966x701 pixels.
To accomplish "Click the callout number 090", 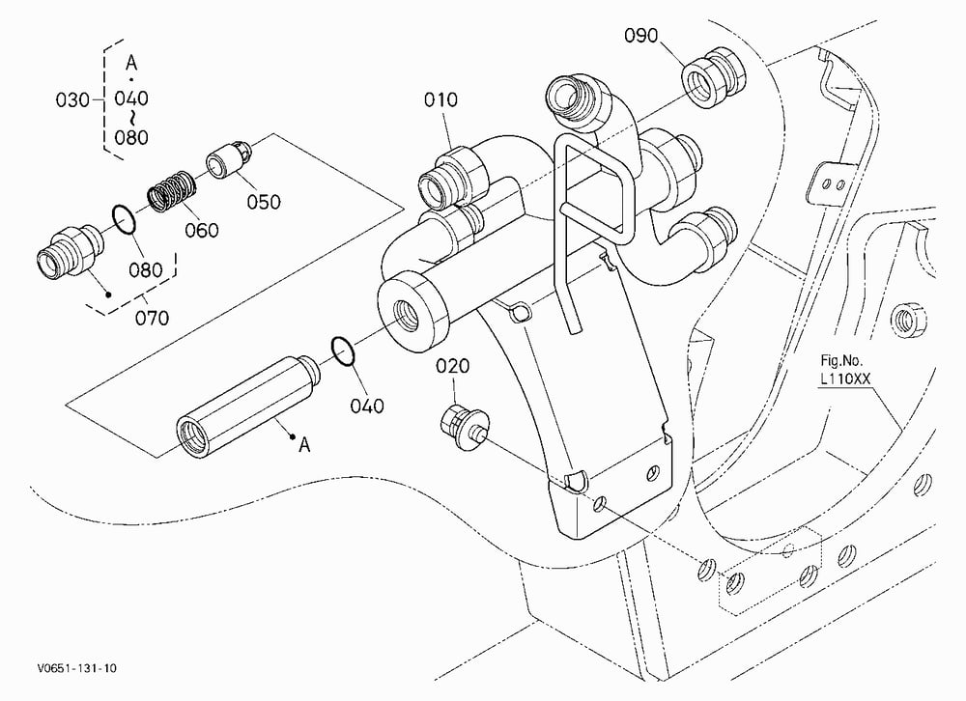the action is [640, 36].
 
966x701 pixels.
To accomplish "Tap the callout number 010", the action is [440, 99].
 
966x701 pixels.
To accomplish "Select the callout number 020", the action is [453, 366].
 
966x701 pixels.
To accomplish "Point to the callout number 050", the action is [264, 202].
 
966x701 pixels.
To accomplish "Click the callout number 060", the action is [202, 231].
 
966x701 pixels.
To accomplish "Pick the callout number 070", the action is [152, 318].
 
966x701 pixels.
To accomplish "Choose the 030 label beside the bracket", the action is [72, 99].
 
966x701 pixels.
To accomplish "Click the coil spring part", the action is [172, 189].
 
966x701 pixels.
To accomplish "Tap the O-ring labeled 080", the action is [124, 220].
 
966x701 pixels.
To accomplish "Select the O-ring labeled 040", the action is [343, 350].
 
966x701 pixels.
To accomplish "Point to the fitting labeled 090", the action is [714, 75].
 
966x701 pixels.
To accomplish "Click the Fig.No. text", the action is [841, 360].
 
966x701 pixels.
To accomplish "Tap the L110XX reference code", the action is [844, 379].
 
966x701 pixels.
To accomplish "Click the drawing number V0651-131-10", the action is [77, 668].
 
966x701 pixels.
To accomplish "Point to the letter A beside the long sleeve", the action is [303, 445].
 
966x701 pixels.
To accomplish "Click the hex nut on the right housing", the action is [909, 319].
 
